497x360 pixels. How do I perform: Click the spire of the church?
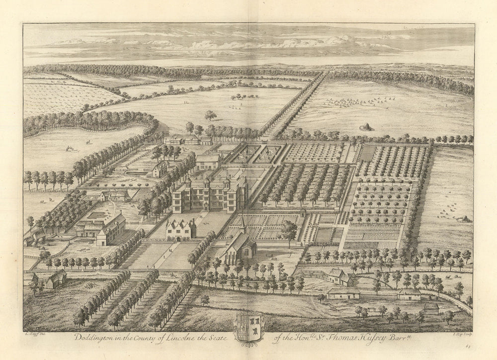242,223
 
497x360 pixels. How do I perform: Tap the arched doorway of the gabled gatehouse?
178,239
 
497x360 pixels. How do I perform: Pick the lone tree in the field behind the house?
211,116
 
